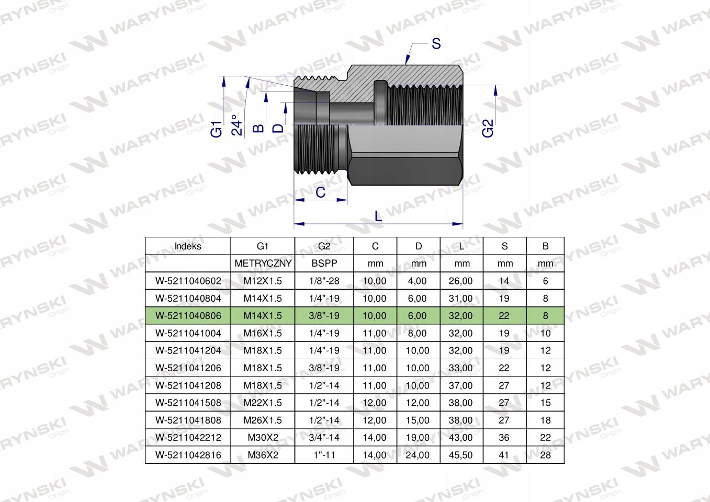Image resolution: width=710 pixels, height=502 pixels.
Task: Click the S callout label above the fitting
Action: [436, 44]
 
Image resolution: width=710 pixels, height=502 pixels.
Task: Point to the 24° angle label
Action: [237, 125]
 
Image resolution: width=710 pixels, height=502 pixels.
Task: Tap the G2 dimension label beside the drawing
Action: [488, 128]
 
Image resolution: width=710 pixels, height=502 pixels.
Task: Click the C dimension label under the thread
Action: [320, 192]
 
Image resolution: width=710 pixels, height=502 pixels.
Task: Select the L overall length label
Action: [378, 216]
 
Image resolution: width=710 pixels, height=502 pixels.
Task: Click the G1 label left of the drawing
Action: [217, 129]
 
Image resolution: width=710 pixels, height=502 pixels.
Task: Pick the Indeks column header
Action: [188, 246]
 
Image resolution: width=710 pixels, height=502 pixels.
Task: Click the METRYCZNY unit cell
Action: [263, 264]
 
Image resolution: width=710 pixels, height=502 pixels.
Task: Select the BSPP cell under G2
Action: [324, 264]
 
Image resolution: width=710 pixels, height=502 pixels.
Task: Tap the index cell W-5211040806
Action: [188, 315]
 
